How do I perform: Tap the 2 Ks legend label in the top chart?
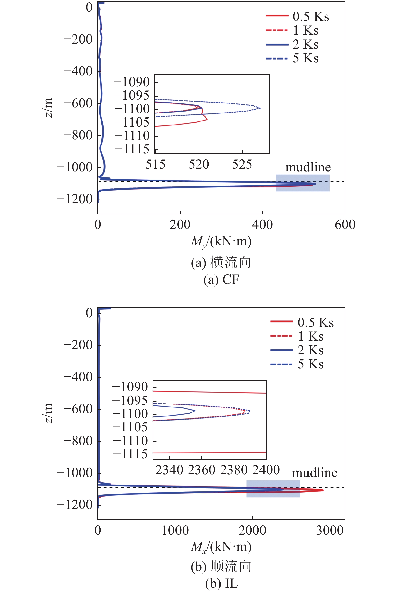coord(305,45)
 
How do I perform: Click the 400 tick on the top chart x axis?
coord(262,225)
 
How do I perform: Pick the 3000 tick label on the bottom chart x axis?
coord(330,530)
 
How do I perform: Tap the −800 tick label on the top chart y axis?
coord(78,135)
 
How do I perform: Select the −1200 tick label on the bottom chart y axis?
coord(74,505)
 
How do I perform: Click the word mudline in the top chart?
coord(308,167)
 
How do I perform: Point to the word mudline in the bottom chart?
coord(315,473)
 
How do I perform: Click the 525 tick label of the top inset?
coord(242,165)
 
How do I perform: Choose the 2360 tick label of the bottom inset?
coord(201,470)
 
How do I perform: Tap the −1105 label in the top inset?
coord(131,123)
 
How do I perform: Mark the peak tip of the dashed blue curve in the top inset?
coord(261,108)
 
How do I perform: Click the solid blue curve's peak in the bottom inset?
coord(195,411)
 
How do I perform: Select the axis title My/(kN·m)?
coord(221,241)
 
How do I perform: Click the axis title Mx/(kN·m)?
coord(221,547)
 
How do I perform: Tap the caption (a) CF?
coord(221,280)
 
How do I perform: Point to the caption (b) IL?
coord(221,584)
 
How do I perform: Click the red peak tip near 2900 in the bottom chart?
coord(323,490)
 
